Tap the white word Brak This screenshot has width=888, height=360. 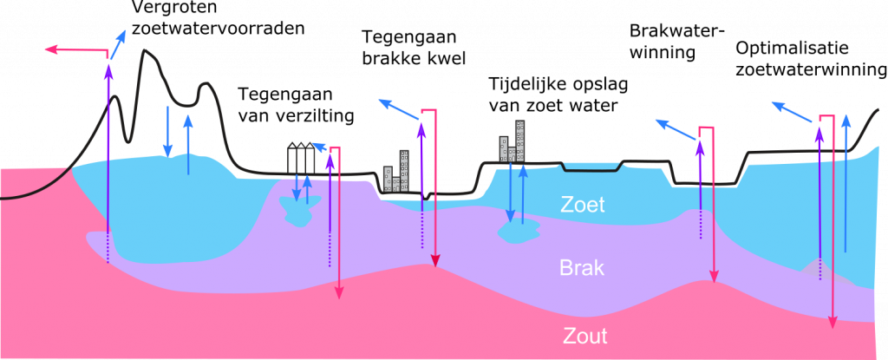click(x=582, y=267)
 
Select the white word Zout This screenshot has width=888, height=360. click(x=585, y=337)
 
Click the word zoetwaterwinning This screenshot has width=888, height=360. click(x=811, y=70)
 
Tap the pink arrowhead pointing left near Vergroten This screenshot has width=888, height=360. click(x=49, y=50)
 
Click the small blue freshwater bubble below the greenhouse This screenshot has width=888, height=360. click(x=299, y=210)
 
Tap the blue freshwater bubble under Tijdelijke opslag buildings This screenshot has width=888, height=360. click(x=519, y=232)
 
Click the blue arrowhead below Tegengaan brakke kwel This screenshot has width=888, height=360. click(x=384, y=103)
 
